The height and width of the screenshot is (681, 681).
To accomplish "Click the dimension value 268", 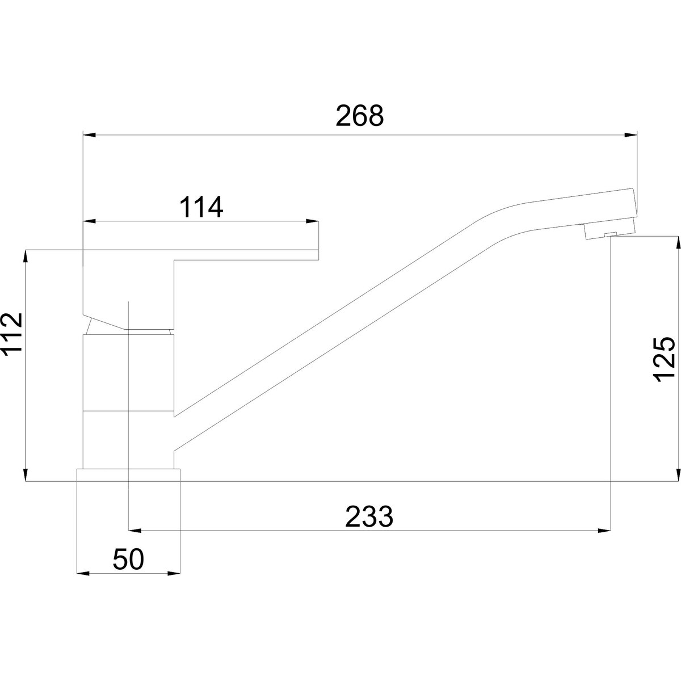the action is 359,116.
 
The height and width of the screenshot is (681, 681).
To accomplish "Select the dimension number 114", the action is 201,207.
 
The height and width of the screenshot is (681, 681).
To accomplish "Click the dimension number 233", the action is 369,516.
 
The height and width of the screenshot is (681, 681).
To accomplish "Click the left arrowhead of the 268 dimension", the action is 90,135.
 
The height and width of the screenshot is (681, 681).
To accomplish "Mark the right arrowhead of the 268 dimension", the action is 630,135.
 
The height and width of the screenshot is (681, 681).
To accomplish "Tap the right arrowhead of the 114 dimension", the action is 312,221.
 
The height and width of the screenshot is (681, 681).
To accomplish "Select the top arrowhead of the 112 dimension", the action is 26,257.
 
